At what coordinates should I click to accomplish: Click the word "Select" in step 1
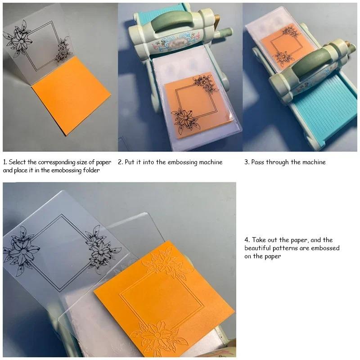tap(17, 162)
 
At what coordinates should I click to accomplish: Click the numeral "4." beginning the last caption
tap(247, 240)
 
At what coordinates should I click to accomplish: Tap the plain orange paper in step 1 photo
tap(71, 96)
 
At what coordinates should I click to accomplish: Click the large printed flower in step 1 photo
tap(18, 39)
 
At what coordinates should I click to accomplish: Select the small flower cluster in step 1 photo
tap(63, 49)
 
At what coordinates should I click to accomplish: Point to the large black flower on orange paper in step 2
tap(185, 121)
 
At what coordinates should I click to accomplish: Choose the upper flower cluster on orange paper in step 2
tap(206, 84)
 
